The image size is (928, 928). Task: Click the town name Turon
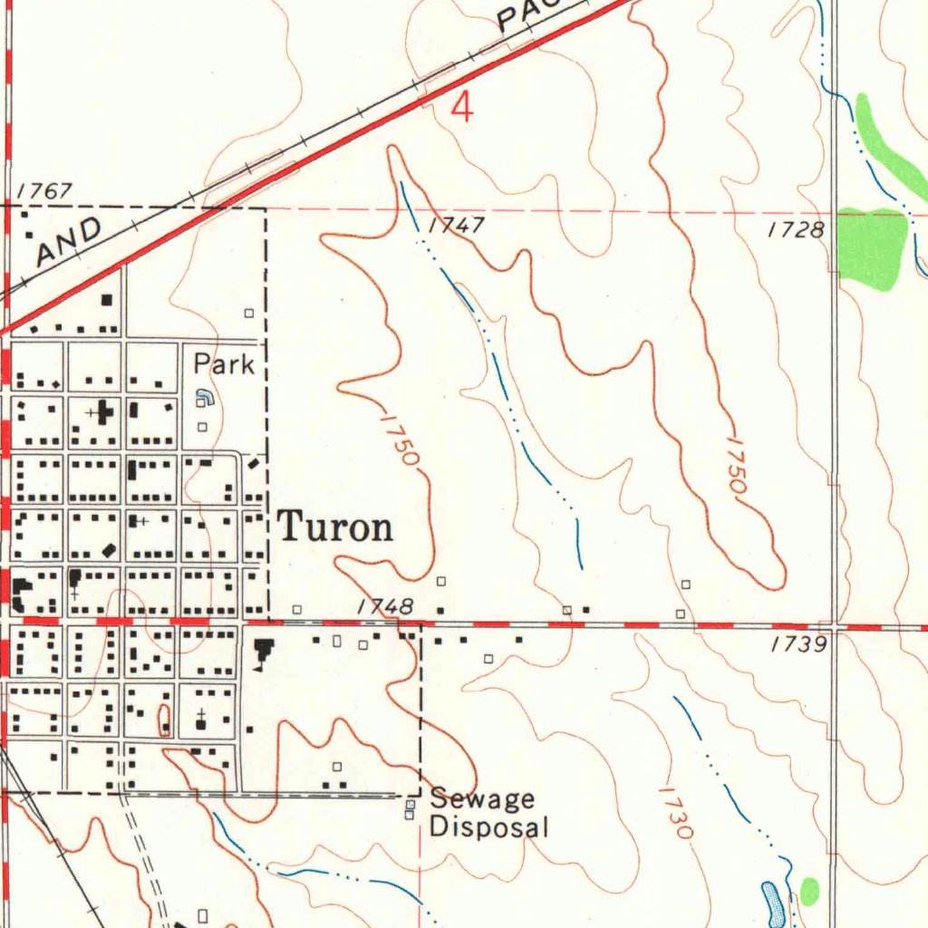(x=335, y=527)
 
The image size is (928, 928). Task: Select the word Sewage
(x=482, y=799)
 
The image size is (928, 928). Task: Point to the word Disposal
(x=488, y=826)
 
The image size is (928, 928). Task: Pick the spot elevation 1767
(x=43, y=191)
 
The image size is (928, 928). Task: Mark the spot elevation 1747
(x=456, y=226)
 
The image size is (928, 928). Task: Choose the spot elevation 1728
(x=795, y=230)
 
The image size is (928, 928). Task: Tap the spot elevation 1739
(x=797, y=644)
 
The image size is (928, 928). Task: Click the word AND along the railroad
(x=69, y=242)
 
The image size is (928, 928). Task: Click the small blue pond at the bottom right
(x=773, y=901)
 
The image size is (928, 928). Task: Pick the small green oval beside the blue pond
(x=809, y=891)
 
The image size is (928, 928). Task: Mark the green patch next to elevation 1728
(x=872, y=247)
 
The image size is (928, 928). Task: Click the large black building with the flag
(x=264, y=652)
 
